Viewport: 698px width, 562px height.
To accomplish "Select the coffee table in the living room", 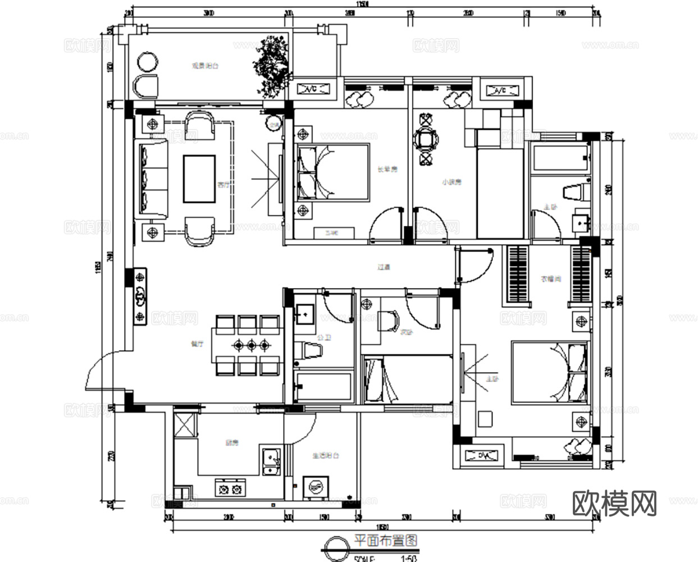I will click(x=199, y=179).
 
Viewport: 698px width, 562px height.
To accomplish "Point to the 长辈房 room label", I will click(x=387, y=169).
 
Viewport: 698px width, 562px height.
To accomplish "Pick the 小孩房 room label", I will click(x=451, y=182).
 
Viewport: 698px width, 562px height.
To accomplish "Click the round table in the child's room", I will click(x=426, y=139).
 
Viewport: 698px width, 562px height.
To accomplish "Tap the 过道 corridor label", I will click(x=384, y=268).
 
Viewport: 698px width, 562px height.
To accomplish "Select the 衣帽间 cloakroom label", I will click(x=550, y=279).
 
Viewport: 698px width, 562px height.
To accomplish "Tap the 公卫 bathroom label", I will click(x=323, y=338).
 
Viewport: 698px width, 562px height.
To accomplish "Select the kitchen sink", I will click(x=271, y=460).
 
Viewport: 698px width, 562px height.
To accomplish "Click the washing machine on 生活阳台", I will click(x=316, y=487).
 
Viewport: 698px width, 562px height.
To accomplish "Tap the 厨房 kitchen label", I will click(x=232, y=443).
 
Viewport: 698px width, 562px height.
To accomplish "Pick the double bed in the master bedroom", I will click(x=549, y=373).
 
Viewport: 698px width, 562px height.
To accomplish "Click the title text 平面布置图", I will click(x=385, y=541).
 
